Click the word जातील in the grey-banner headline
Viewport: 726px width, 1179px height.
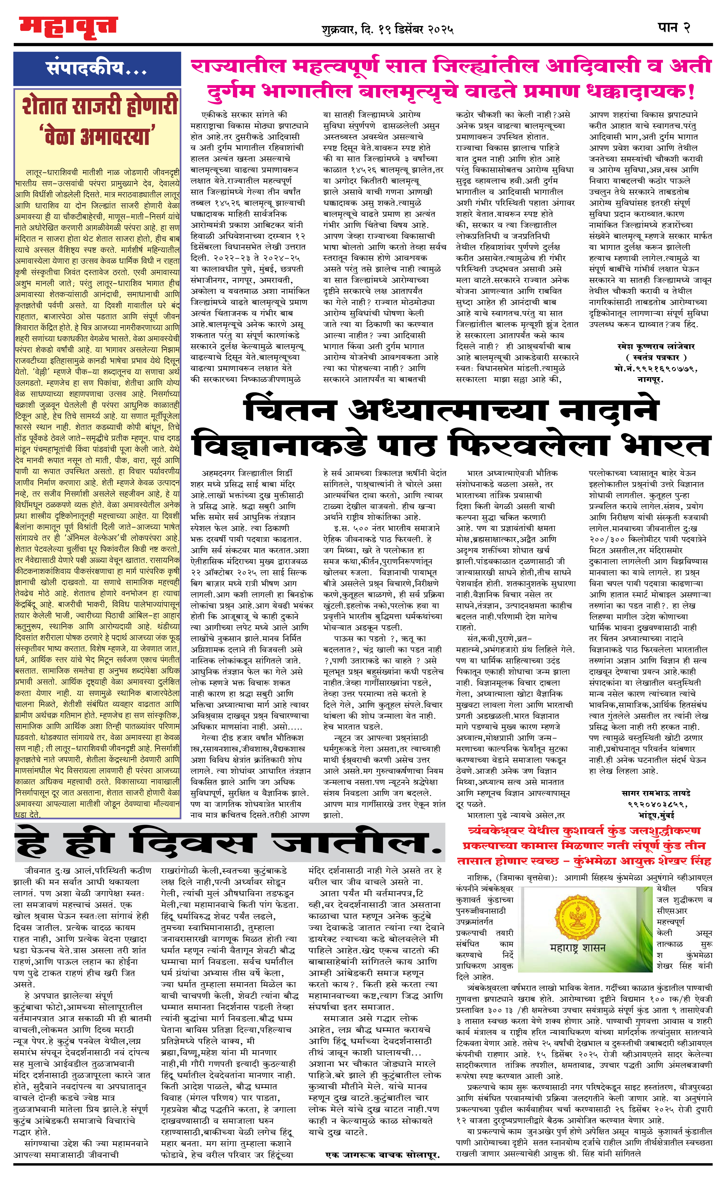tap(355, 843)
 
